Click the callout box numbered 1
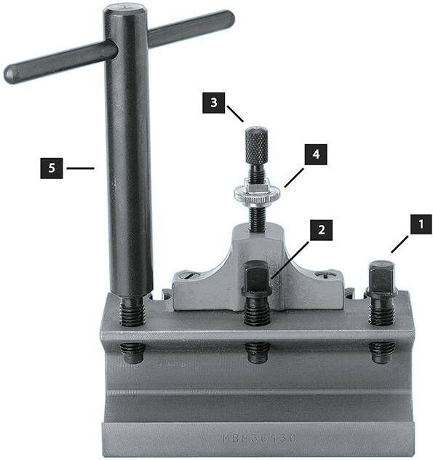(x=420, y=224)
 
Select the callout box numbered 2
(x=321, y=231)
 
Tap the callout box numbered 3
(x=214, y=103)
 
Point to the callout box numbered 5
(x=52, y=169)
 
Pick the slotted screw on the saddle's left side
(x=187, y=276)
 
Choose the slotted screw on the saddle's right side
(x=324, y=276)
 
